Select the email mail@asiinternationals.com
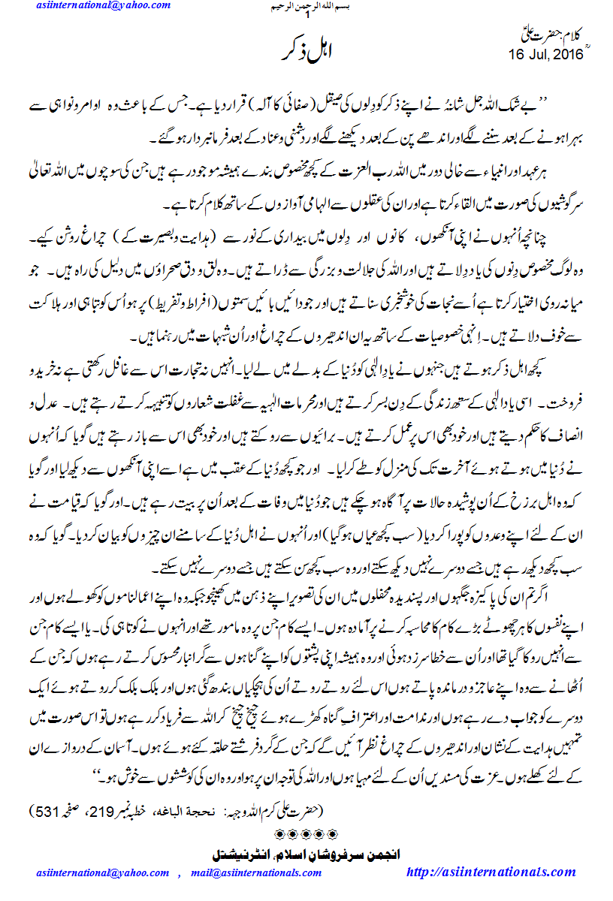[255, 872]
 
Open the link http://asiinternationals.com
[491, 872]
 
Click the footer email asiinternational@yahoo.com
[103, 872]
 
